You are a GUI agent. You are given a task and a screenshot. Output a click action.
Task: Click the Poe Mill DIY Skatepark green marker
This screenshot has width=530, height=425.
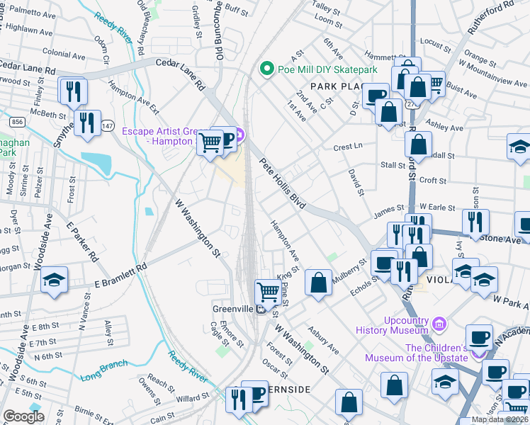(x=267, y=69)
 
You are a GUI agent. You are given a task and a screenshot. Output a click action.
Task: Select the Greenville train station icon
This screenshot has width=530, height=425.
(x=261, y=310)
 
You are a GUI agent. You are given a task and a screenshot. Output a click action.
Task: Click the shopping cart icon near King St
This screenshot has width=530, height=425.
(x=268, y=290)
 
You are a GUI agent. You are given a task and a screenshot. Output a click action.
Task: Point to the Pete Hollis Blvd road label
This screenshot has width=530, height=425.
(x=282, y=183)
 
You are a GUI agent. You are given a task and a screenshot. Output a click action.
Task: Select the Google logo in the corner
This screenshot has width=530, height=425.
(x=23, y=416)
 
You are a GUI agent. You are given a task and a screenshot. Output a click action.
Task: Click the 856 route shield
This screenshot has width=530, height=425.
(x=18, y=123)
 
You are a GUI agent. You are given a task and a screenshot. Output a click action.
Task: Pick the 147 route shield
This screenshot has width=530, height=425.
(x=107, y=125)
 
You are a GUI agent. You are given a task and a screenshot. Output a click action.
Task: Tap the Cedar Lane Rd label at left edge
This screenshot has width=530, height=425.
(x=28, y=70)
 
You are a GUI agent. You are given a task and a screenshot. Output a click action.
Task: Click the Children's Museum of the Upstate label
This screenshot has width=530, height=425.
(x=416, y=353)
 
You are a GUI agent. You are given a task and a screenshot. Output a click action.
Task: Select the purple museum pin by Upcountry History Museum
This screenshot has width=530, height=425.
(x=439, y=324)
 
